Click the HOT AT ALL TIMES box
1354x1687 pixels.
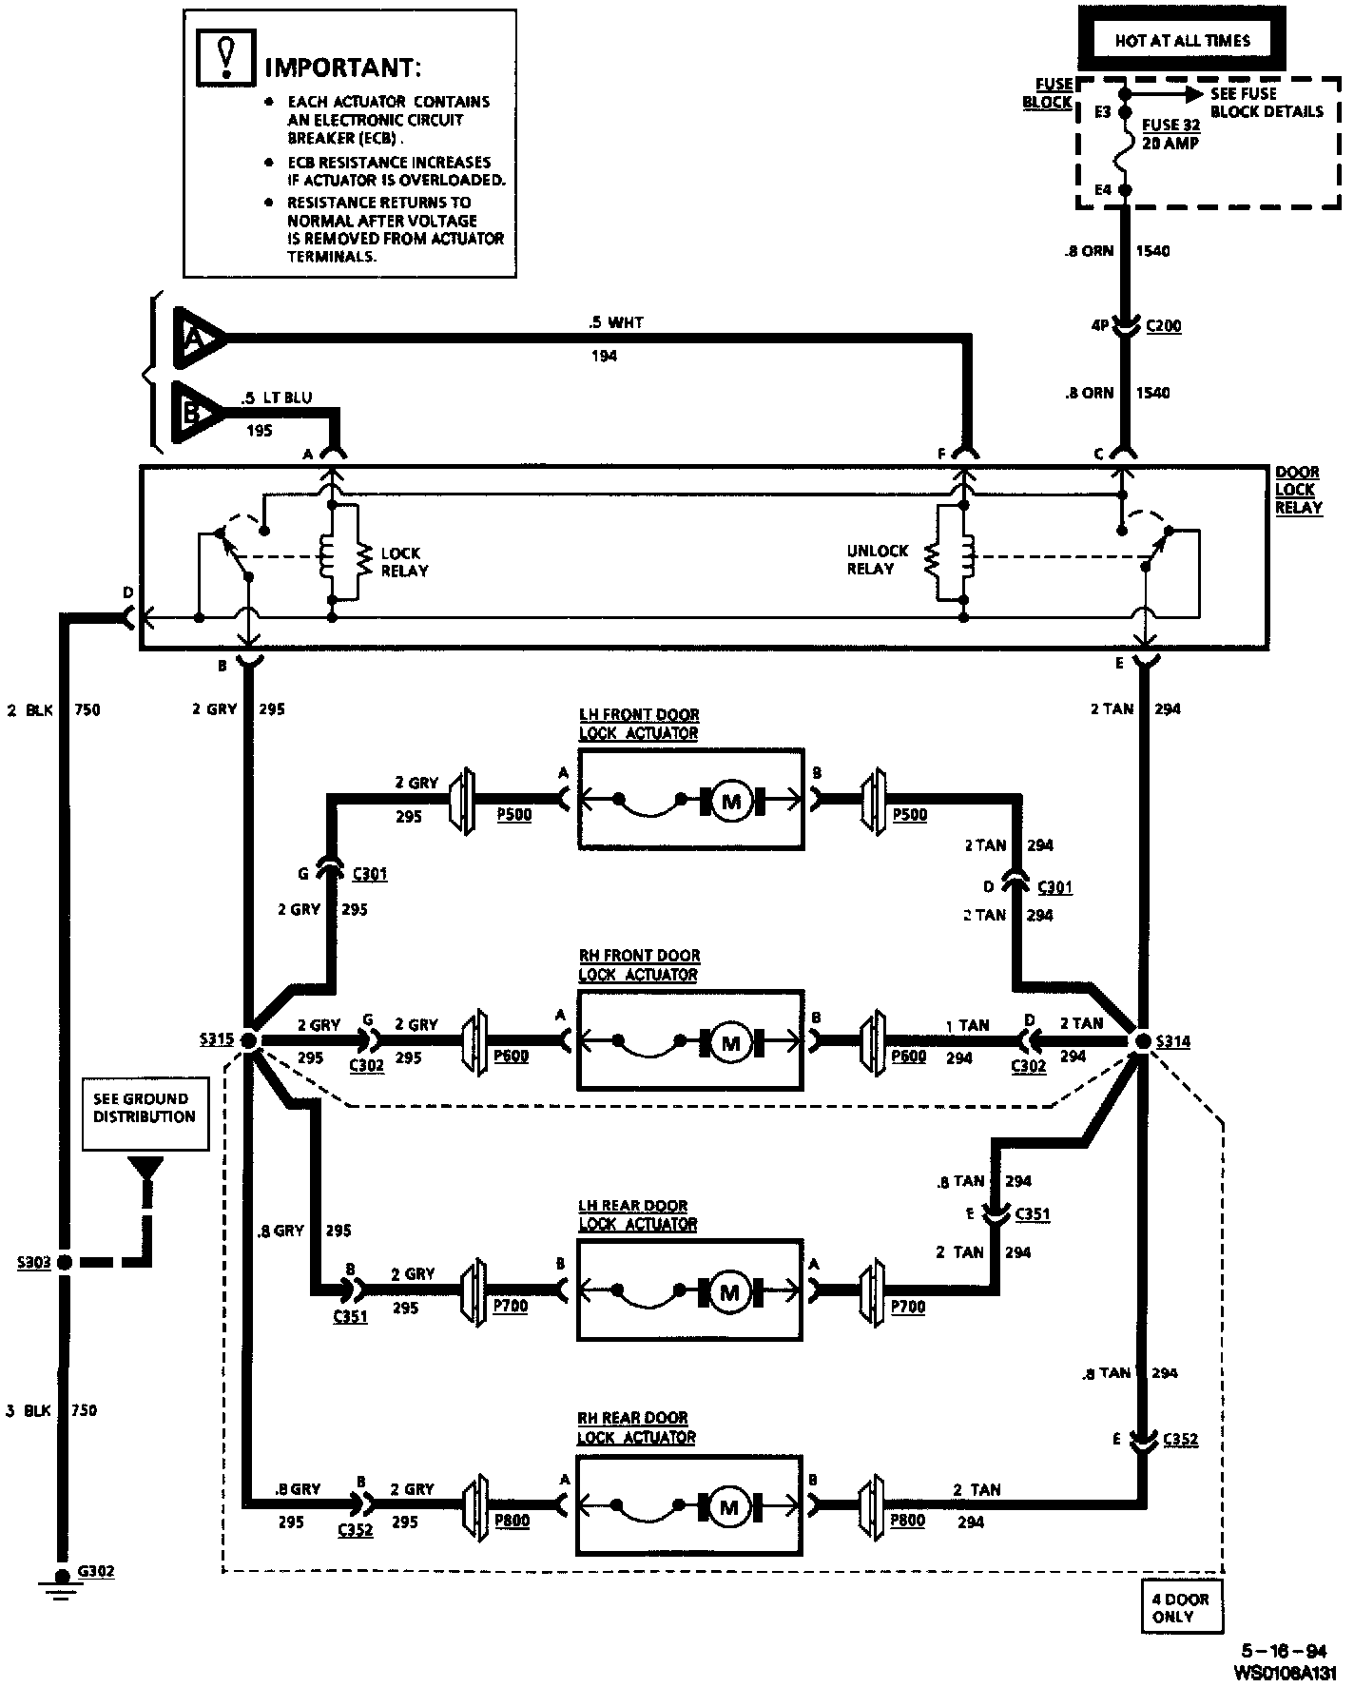pos(1182,41)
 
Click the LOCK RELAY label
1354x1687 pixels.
pos(404,562)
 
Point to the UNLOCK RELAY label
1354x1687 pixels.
pos(877,560)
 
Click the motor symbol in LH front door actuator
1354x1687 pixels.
pos(731,801)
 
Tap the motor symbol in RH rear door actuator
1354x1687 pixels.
pos(729,1508)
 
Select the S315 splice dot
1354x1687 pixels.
pos(249,1040)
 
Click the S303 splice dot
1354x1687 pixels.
pos(65,1263)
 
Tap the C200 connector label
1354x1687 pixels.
pos(1163,326)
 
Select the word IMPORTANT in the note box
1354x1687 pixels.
pos(341,68)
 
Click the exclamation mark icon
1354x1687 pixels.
pos(225,55)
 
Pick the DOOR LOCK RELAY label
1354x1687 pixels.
pos(1298,490)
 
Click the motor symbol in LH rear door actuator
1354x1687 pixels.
pos(729,1293)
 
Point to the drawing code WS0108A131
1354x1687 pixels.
pos(1284,1671)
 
